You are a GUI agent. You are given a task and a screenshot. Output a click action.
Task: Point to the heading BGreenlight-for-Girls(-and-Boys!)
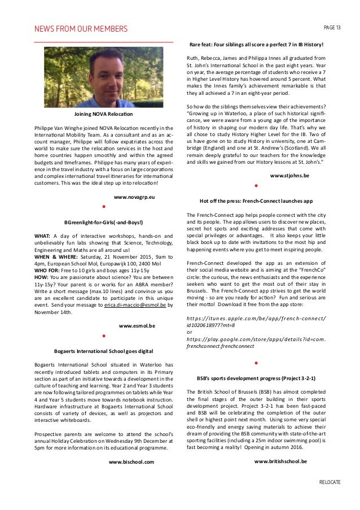tap(104, 222)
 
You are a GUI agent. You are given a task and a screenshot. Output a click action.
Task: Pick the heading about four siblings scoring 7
tap(256, 44)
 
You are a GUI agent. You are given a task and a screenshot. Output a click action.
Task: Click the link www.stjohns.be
tap(289, 176)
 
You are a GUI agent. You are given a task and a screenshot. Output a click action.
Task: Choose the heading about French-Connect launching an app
tap(256, 202)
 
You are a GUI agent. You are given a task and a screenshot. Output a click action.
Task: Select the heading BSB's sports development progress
tap(256, 377)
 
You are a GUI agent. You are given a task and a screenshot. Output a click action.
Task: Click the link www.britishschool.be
tap(280, 461)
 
